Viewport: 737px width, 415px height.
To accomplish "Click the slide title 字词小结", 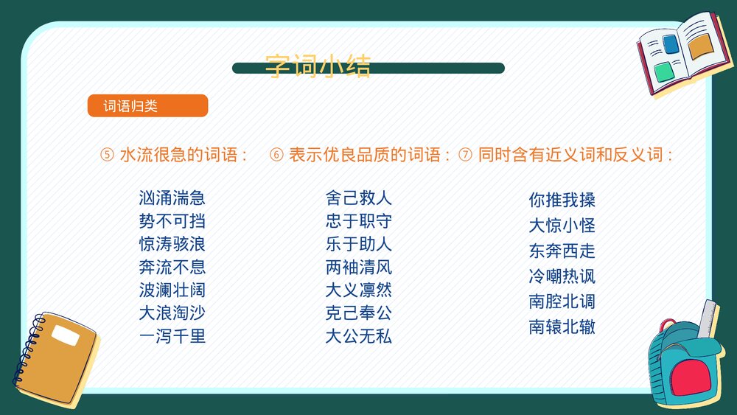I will coord(318,66).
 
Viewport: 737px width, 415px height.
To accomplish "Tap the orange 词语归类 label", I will coord(147,106).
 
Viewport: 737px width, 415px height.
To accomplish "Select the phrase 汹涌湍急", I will coord(172,198).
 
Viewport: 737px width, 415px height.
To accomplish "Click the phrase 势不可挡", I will coord(172,221).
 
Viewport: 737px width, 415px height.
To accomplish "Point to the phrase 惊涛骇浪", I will coord(172,244).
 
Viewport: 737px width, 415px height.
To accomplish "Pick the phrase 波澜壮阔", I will coord(172,290).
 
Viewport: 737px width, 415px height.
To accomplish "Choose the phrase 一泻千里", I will coord(172,336).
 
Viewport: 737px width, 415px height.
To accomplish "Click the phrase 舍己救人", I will coord(358,198).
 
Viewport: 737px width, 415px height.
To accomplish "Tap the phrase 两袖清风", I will coord(358,267).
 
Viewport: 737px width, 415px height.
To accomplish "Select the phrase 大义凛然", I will coord(358,290).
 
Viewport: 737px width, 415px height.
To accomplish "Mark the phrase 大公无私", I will coord(358,336).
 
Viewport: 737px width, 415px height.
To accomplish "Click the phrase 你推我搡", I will coord(562,200).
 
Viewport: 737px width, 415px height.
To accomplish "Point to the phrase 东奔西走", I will coord(562,251).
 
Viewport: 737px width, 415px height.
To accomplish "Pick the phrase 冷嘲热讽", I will coord(562,276).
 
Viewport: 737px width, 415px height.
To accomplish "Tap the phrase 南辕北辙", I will coord(562,327).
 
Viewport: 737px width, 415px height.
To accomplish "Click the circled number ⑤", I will coord(107,156).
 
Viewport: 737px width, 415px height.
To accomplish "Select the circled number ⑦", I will coord(465,156).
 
